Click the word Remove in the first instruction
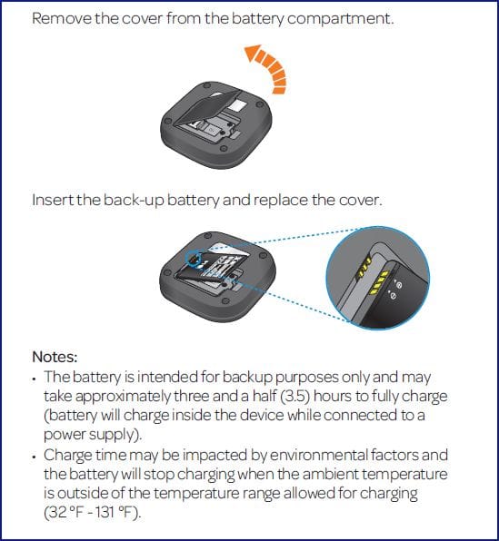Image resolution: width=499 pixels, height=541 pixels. coord(62,18)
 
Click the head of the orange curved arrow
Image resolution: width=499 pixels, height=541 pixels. coord(253,54)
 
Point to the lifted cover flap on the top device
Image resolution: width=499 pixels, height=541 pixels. coord(209,108)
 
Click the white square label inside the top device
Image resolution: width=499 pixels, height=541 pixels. coord(237,105)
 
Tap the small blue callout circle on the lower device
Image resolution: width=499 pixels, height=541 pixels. coord(194,258)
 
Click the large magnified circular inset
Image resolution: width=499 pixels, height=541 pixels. coord(378,278)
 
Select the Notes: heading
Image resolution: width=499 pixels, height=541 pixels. coord(55,357)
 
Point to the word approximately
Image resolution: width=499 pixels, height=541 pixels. coord(124,397)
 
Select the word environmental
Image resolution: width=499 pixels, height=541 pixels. coord(318,455)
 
